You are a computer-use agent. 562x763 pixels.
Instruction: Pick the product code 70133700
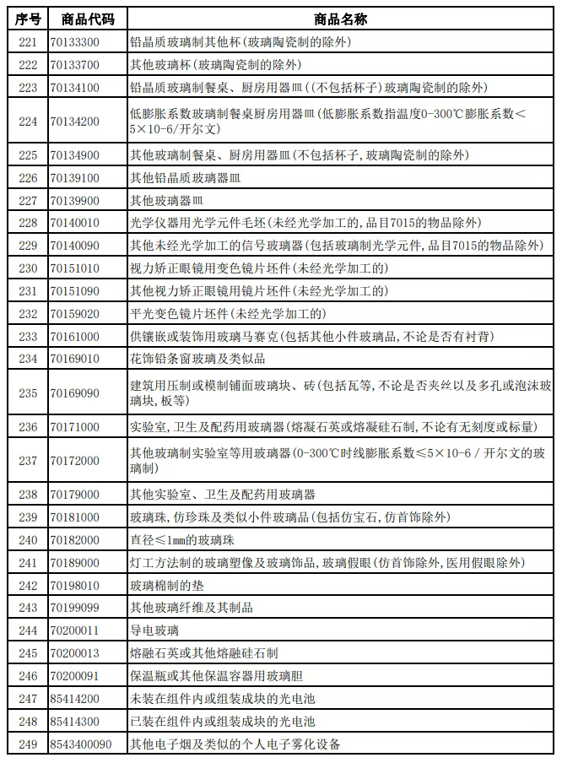(74, 64)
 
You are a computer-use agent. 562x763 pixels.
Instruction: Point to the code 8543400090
(80, 744)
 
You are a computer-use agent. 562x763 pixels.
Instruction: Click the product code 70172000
(74, 461)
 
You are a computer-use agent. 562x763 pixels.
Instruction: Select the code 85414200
(74, 698)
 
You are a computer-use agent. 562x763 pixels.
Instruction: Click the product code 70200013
(74, 653)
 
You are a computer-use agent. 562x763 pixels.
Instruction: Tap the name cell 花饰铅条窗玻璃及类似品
(197, 359)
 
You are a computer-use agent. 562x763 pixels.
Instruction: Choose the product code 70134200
(74, 122)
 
